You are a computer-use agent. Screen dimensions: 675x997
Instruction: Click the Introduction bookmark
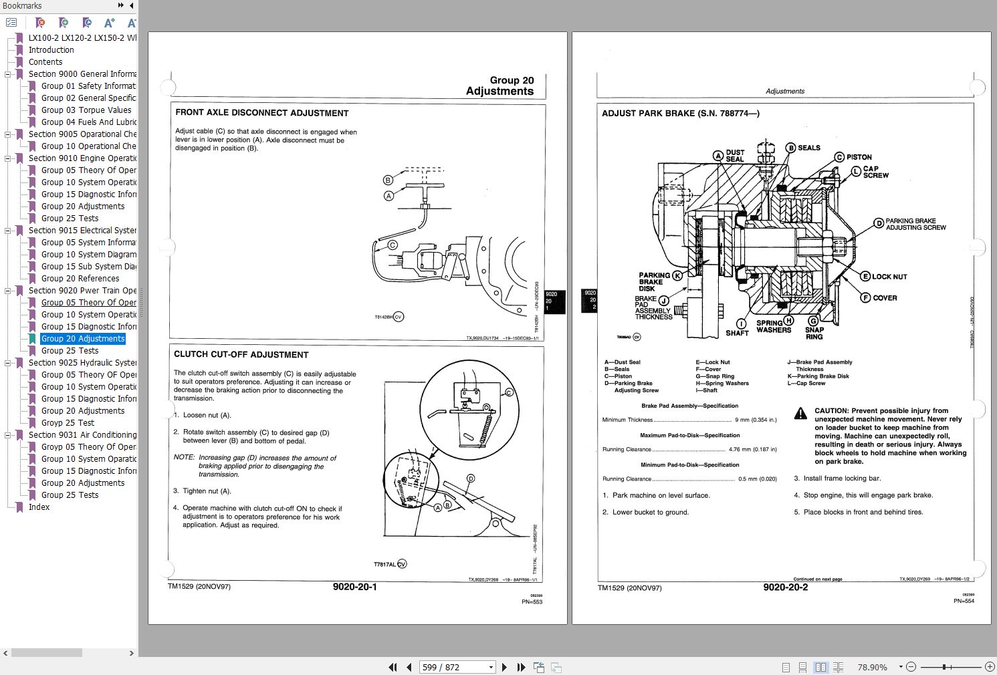pos(51,50)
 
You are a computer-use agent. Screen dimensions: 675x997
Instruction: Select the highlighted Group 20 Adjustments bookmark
pos(83,339)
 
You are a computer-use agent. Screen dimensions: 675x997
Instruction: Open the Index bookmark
pos(39,507)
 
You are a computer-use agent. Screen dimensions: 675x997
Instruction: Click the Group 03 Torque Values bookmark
pos(86,110)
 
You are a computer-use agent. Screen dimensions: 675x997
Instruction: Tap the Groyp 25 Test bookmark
pos(68,423)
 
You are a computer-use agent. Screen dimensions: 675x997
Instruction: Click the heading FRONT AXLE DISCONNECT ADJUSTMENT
pos(262,113)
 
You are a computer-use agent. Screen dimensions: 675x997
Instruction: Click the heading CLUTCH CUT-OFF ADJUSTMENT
pos(241,355)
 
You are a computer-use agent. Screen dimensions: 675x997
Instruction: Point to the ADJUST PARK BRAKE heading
pos(680,114)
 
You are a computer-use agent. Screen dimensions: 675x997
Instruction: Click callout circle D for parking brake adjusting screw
pos(878,223)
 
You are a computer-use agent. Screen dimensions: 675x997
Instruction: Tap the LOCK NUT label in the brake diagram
pos(889,277)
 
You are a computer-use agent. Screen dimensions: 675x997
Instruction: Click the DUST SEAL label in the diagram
pos(735,156)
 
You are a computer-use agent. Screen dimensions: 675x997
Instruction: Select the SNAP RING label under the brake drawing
pos(814,333)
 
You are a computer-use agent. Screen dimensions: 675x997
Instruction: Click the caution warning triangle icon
pos(800,414)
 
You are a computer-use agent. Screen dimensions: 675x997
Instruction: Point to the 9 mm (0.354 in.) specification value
pos(756,420)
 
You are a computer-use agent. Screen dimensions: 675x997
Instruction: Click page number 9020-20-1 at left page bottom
pos(354,587)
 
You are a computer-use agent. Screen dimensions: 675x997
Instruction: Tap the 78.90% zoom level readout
pos(872,667)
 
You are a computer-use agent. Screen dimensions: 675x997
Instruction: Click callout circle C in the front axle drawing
pos(393,245)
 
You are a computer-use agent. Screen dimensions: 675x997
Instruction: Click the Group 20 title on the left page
pos(512,80)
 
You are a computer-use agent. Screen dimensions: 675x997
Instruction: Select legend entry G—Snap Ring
pos(714,376)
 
